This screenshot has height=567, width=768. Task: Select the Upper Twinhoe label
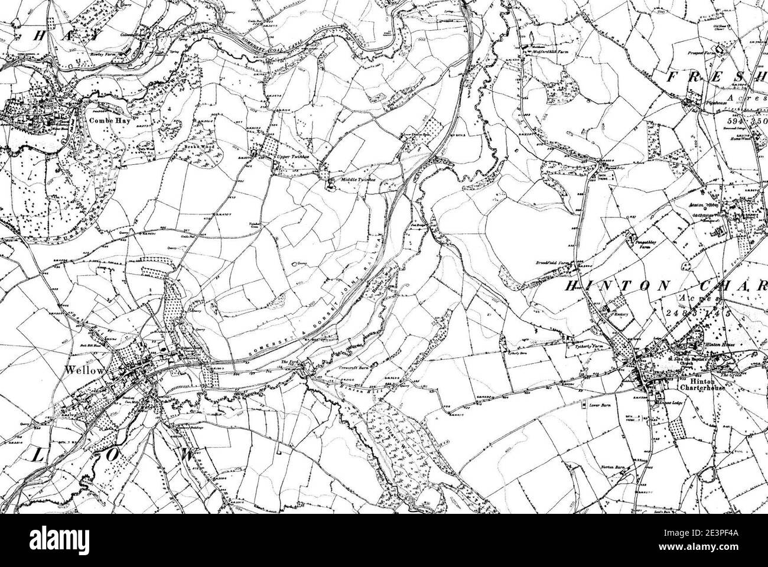(x=294, y=158)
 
